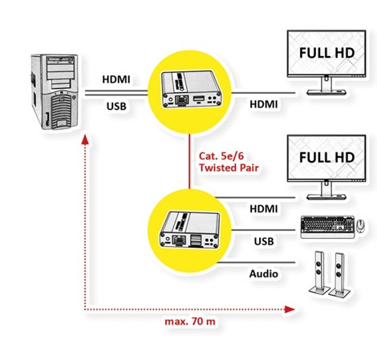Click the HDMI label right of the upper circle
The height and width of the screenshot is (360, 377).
(264, 105)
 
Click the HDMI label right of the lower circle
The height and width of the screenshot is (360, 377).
(264, 208)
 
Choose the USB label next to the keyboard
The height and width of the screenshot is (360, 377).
(264, 241)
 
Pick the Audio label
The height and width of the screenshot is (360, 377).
(263, 274)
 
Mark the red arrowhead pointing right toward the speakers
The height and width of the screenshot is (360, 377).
(290, 308)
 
